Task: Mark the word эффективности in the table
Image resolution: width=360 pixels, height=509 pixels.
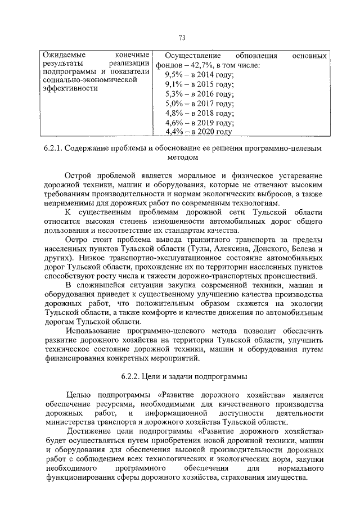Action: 67,88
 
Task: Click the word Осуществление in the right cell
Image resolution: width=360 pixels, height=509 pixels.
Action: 187,56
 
